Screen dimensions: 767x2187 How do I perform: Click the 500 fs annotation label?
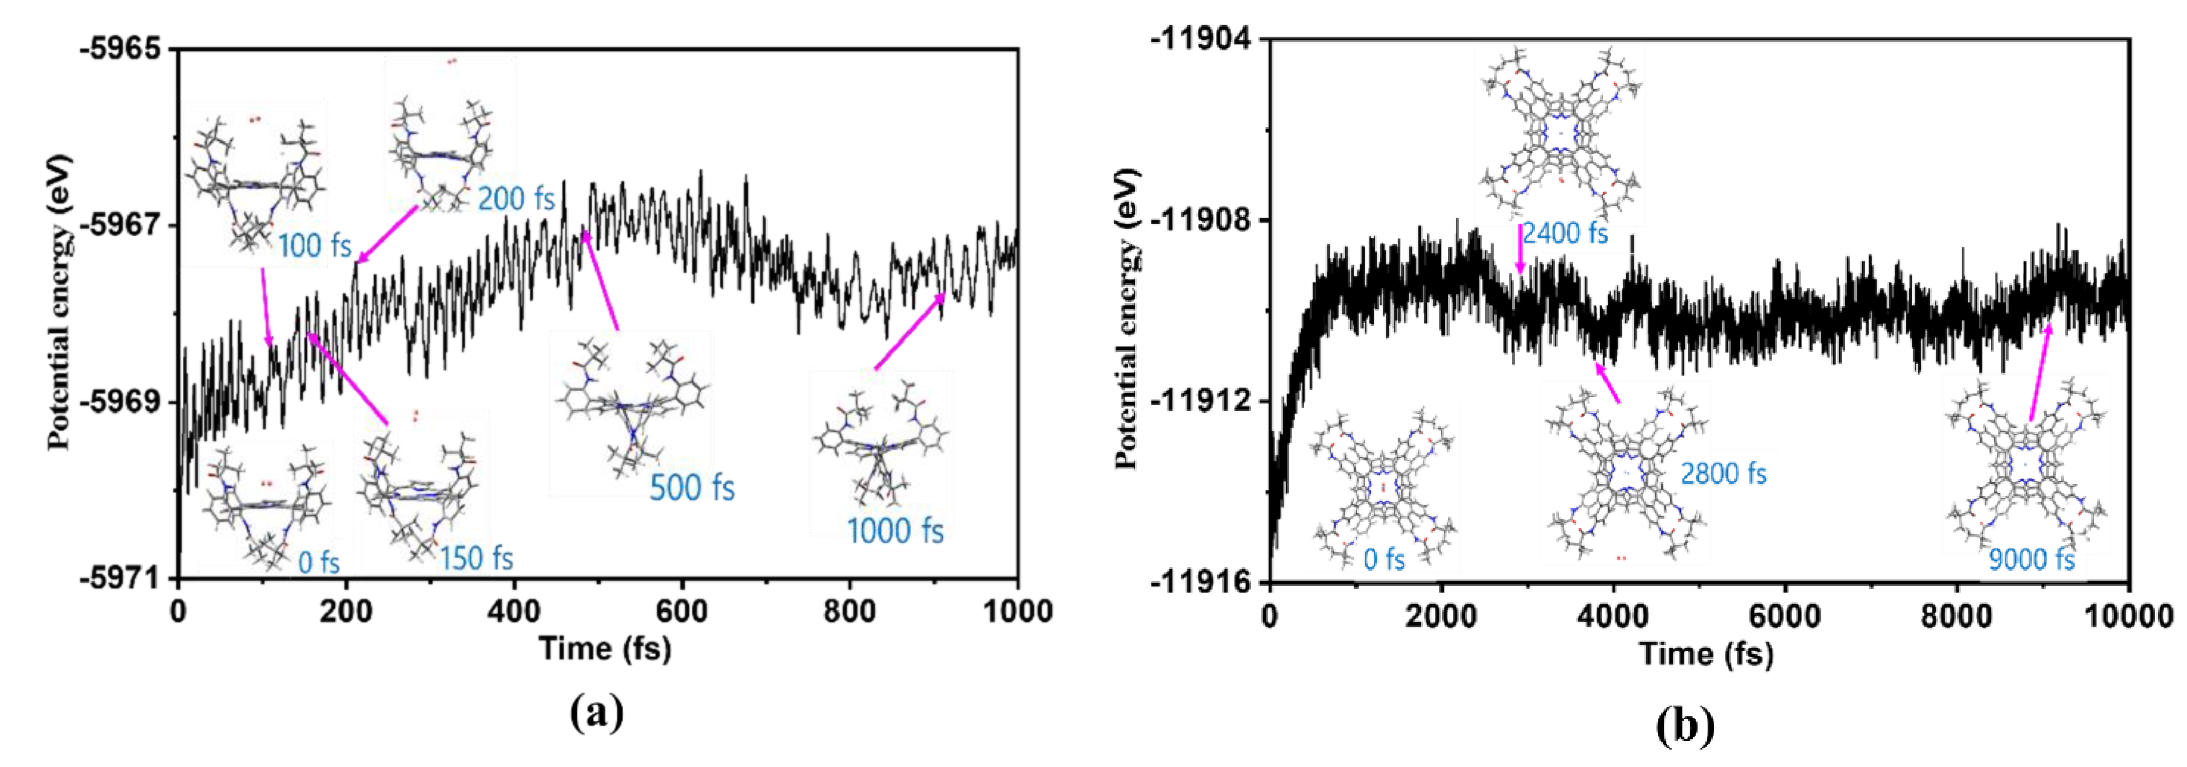pyautogui.click(x=692, y=488)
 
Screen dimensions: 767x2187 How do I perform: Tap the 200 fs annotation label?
pyautogui.click(x=516, y=199)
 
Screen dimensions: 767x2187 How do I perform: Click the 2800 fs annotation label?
pyautogui.click(x=1724, y=473)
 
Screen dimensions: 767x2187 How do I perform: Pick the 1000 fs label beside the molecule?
pyautogui.click(x=895, y=531)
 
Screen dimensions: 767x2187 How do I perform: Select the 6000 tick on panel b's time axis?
pyautogui.click(x=1784, y=616)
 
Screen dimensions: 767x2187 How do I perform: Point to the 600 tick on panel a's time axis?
pyautogui.click(x=681, y=610)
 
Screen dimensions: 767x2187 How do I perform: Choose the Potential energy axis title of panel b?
pyautogui.click(x=1128, y=319)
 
